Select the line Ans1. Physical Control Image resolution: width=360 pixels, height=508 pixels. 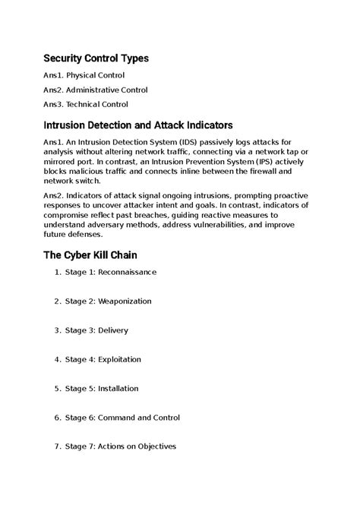coord(84,76)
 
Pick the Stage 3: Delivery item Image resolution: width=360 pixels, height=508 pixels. coord(96,330)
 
